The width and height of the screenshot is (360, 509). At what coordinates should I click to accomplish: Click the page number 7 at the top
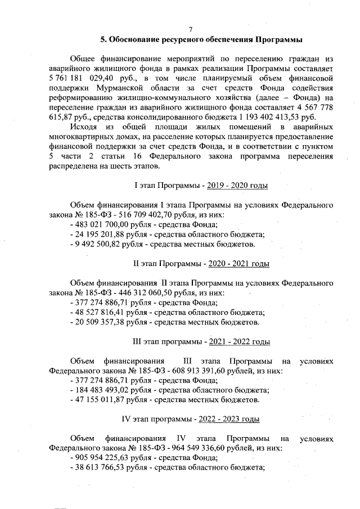click(x=191, y=29)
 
